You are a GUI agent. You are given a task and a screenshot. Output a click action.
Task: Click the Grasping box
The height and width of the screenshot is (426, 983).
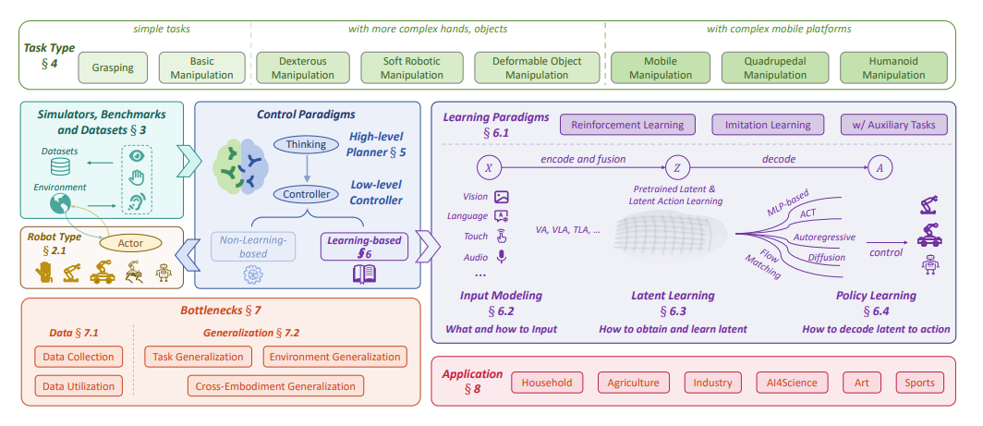112,67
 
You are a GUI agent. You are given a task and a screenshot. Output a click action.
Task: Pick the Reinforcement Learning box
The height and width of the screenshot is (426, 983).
627,125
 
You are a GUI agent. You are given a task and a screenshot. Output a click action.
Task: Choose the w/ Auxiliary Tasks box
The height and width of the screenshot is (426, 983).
892,125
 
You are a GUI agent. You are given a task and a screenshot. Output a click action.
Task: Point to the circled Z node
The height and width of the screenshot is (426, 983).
676,168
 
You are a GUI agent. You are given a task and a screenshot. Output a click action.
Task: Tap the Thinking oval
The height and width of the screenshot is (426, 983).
306,145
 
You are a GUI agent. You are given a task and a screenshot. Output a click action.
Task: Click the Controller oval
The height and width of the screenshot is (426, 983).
306,194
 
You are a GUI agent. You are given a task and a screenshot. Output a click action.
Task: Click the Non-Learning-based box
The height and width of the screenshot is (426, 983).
252,247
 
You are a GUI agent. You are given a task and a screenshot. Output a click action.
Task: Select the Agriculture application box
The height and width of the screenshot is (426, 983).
633,383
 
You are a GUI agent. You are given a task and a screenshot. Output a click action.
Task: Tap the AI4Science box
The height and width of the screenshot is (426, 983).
783,383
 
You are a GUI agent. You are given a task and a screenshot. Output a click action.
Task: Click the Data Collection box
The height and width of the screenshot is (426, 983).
78,357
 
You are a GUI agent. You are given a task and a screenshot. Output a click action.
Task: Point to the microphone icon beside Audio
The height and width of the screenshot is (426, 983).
502,257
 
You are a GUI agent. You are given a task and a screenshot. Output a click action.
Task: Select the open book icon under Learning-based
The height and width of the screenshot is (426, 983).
363,274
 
